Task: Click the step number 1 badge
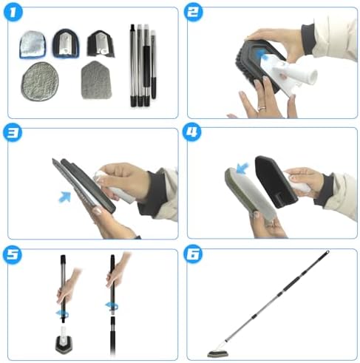point(13,13)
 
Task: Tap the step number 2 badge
point(193,13)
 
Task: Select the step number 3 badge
point(13,132)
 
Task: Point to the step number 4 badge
point(191,132)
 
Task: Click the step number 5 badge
point(13,254)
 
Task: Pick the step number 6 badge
point(193,254)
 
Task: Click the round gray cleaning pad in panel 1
point(40,81)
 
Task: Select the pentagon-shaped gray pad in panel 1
point(96,80)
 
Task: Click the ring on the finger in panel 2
point(261,108)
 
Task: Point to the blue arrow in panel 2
point(262,55)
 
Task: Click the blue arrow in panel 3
point(65,197)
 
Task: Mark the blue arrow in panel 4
point(242,168)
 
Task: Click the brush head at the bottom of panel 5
point(65,345)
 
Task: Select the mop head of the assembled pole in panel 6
point(216,353)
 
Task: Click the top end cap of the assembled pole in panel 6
point(327,253)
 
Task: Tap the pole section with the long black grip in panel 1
point(146,65)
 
